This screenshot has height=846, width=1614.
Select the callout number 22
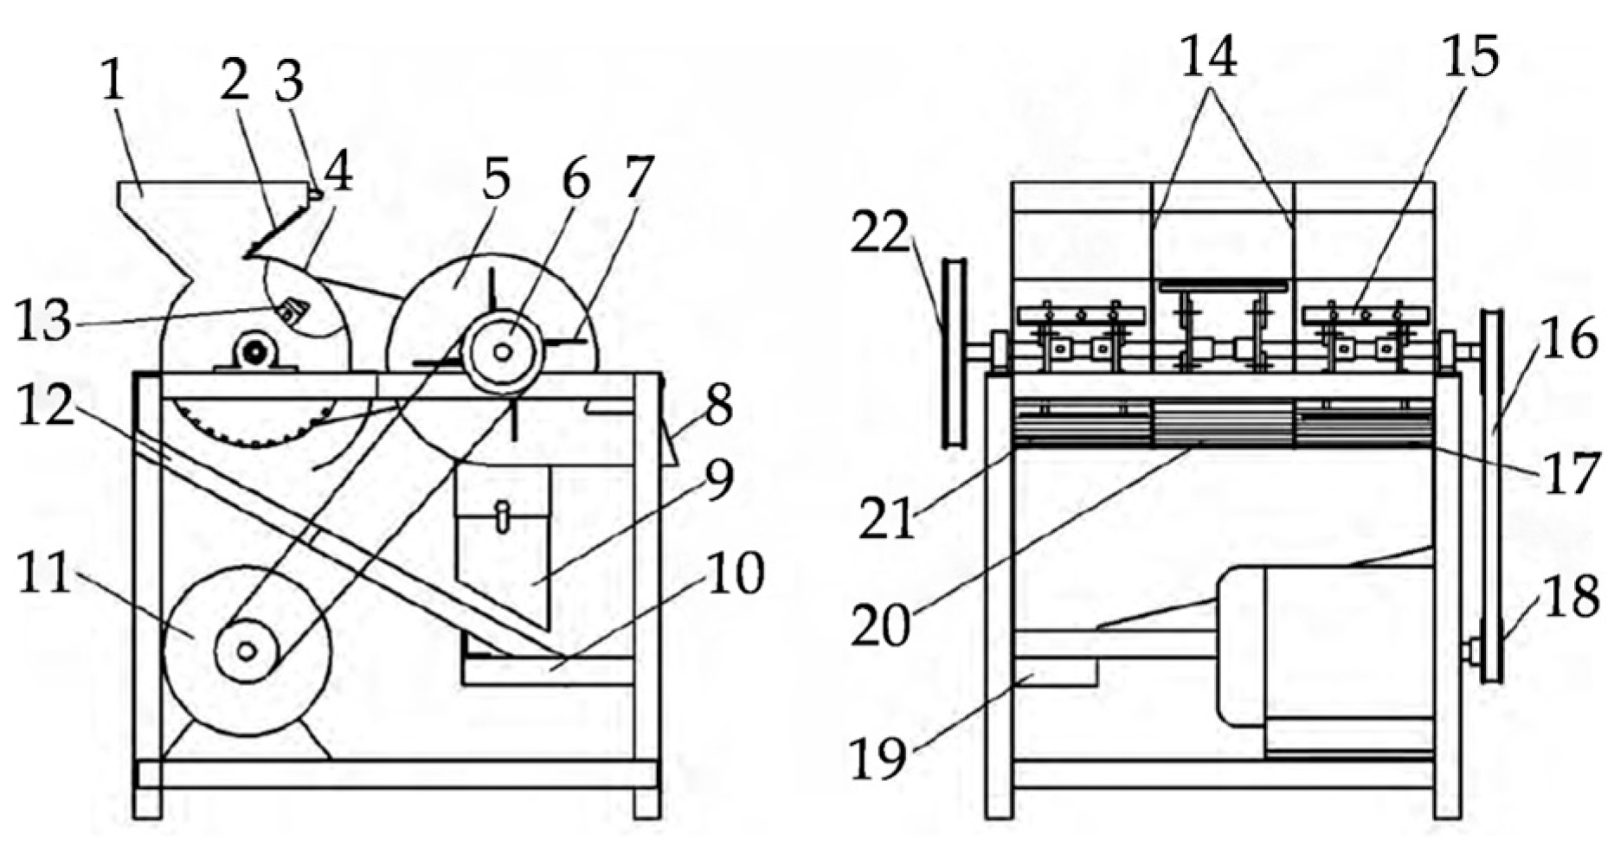coord(880,234)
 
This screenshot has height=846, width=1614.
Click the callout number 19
coord(878,759)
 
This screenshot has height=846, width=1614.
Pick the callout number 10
coord(736,574)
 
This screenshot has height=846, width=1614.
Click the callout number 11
coord(45,574)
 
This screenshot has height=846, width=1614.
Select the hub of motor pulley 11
coord(247,651)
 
